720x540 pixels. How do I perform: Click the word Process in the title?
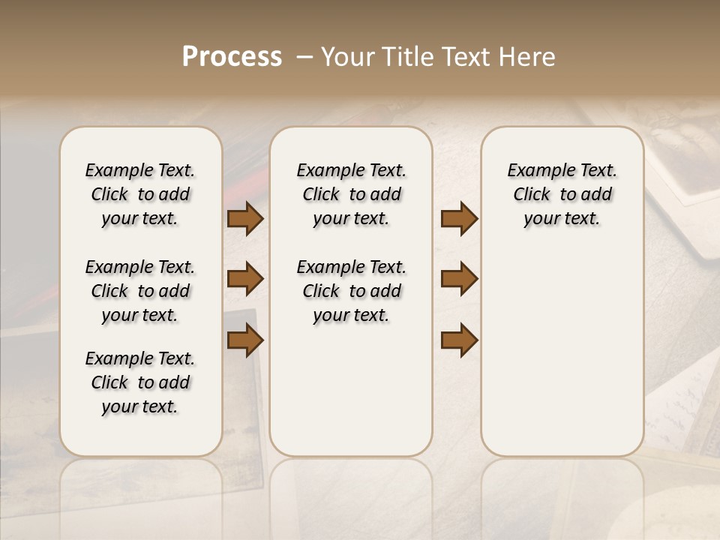[232, 57]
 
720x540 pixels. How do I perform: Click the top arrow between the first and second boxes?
[244, 219]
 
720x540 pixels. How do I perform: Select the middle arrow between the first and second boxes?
[244, 279]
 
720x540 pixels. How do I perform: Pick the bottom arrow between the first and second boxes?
[244, 340]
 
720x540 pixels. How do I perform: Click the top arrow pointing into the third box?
[459, 219]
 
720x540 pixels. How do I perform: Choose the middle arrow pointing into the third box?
[459, 279]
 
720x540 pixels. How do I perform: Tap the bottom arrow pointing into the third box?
[459, 340]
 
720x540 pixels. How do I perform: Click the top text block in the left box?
[140, 194]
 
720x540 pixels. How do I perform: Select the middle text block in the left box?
[140, 291]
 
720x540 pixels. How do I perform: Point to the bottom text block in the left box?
[140, 382]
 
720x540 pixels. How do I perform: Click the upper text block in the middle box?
[351, 194]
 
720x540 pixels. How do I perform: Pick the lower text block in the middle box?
[351, 291]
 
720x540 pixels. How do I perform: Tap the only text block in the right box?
[562, 194]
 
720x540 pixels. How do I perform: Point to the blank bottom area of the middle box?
[351, 397]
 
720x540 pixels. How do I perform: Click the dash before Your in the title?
[304, 57]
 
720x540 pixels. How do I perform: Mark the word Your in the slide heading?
[347, 57]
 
